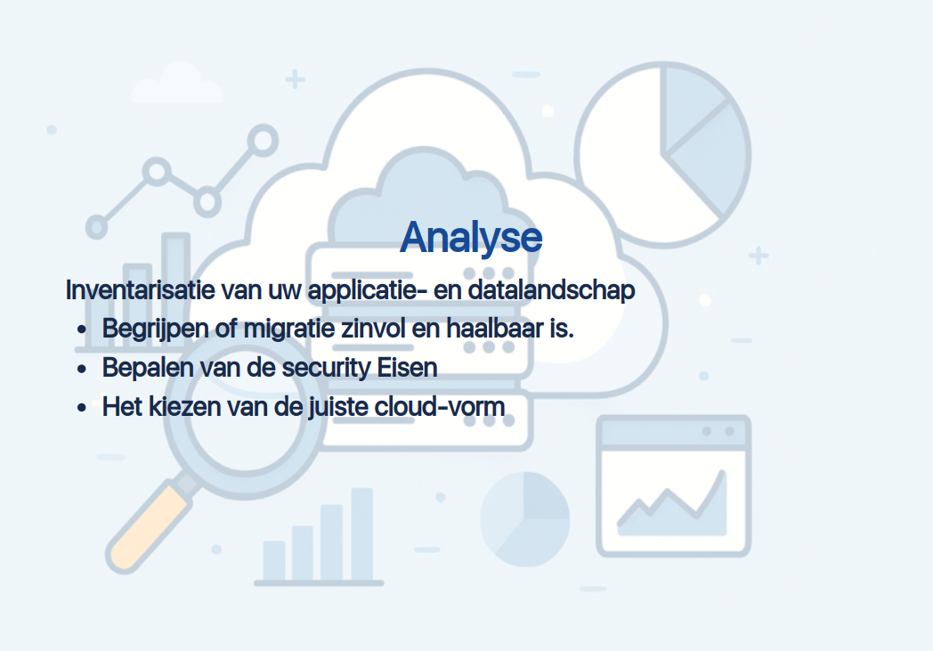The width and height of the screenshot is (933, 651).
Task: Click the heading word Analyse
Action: click(471, 238)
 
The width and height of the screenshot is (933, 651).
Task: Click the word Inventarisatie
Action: click(140, 290)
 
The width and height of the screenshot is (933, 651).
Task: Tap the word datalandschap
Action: click(552, 290)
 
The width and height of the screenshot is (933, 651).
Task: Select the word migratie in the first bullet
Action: click(289, 329)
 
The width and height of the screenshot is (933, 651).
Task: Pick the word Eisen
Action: click(408, 368)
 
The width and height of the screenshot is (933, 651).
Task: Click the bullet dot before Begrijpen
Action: click(82, 330)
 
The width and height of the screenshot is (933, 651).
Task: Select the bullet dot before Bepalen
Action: click(82, 369)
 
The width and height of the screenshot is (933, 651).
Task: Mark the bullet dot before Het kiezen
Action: click(82, 408)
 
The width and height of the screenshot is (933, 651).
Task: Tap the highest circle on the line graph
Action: click(263, 141)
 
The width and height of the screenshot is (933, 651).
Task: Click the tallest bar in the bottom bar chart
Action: click(362, 533)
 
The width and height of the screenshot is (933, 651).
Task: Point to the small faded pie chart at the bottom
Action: click(525, 519)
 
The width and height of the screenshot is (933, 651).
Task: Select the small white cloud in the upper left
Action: click(177, 83)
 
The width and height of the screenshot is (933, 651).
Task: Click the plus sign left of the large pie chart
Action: click(296, 79)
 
